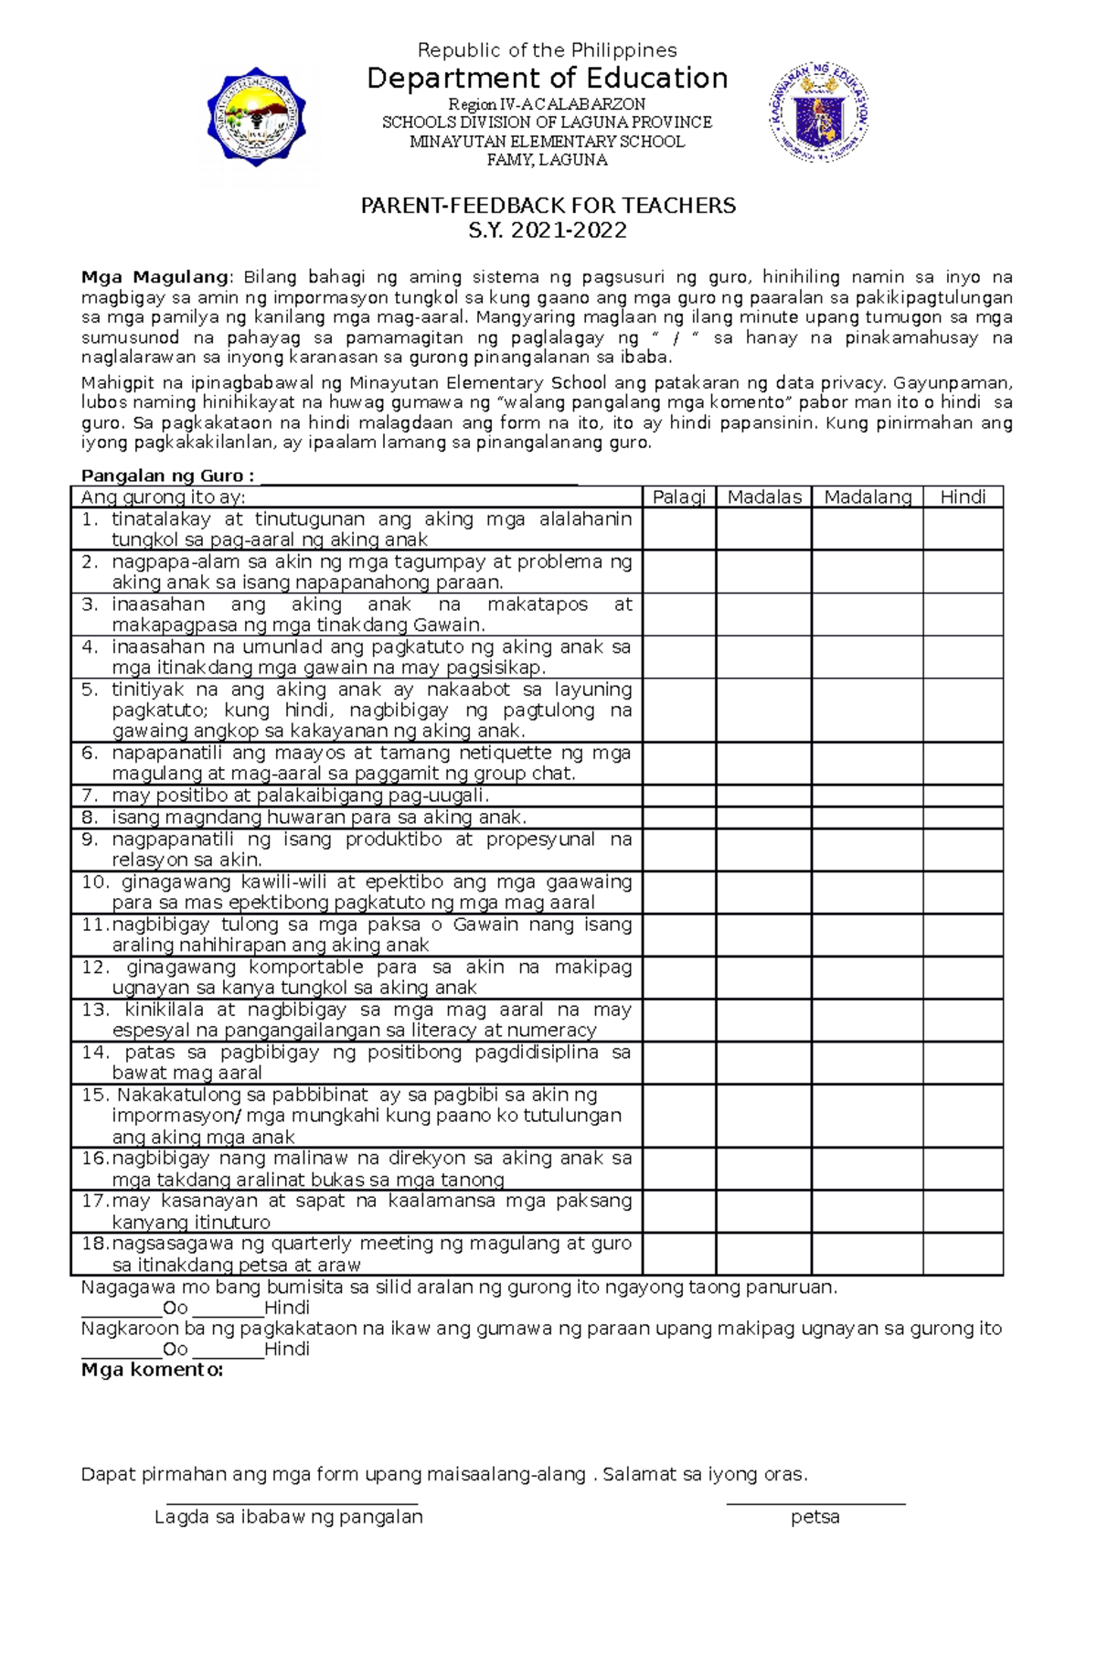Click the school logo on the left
point(256,117)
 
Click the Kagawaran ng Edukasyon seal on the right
point(818,113)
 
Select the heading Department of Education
point(547,79)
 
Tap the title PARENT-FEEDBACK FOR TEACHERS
point(548,206)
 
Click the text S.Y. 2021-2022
point(548,230)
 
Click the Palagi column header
point(678,497)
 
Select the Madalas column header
point(763,497)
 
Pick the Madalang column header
point(867,497)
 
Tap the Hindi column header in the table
point(963,497)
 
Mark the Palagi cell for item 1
point(678,529)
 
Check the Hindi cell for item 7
point(963,796)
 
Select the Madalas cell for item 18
point(763,1254)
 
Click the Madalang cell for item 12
point(867,978)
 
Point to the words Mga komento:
point(152,1370)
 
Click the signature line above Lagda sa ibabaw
point(292,1502)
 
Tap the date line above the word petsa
point(815,1502)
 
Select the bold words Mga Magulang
point(155,277)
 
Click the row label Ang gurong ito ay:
point(163,497)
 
